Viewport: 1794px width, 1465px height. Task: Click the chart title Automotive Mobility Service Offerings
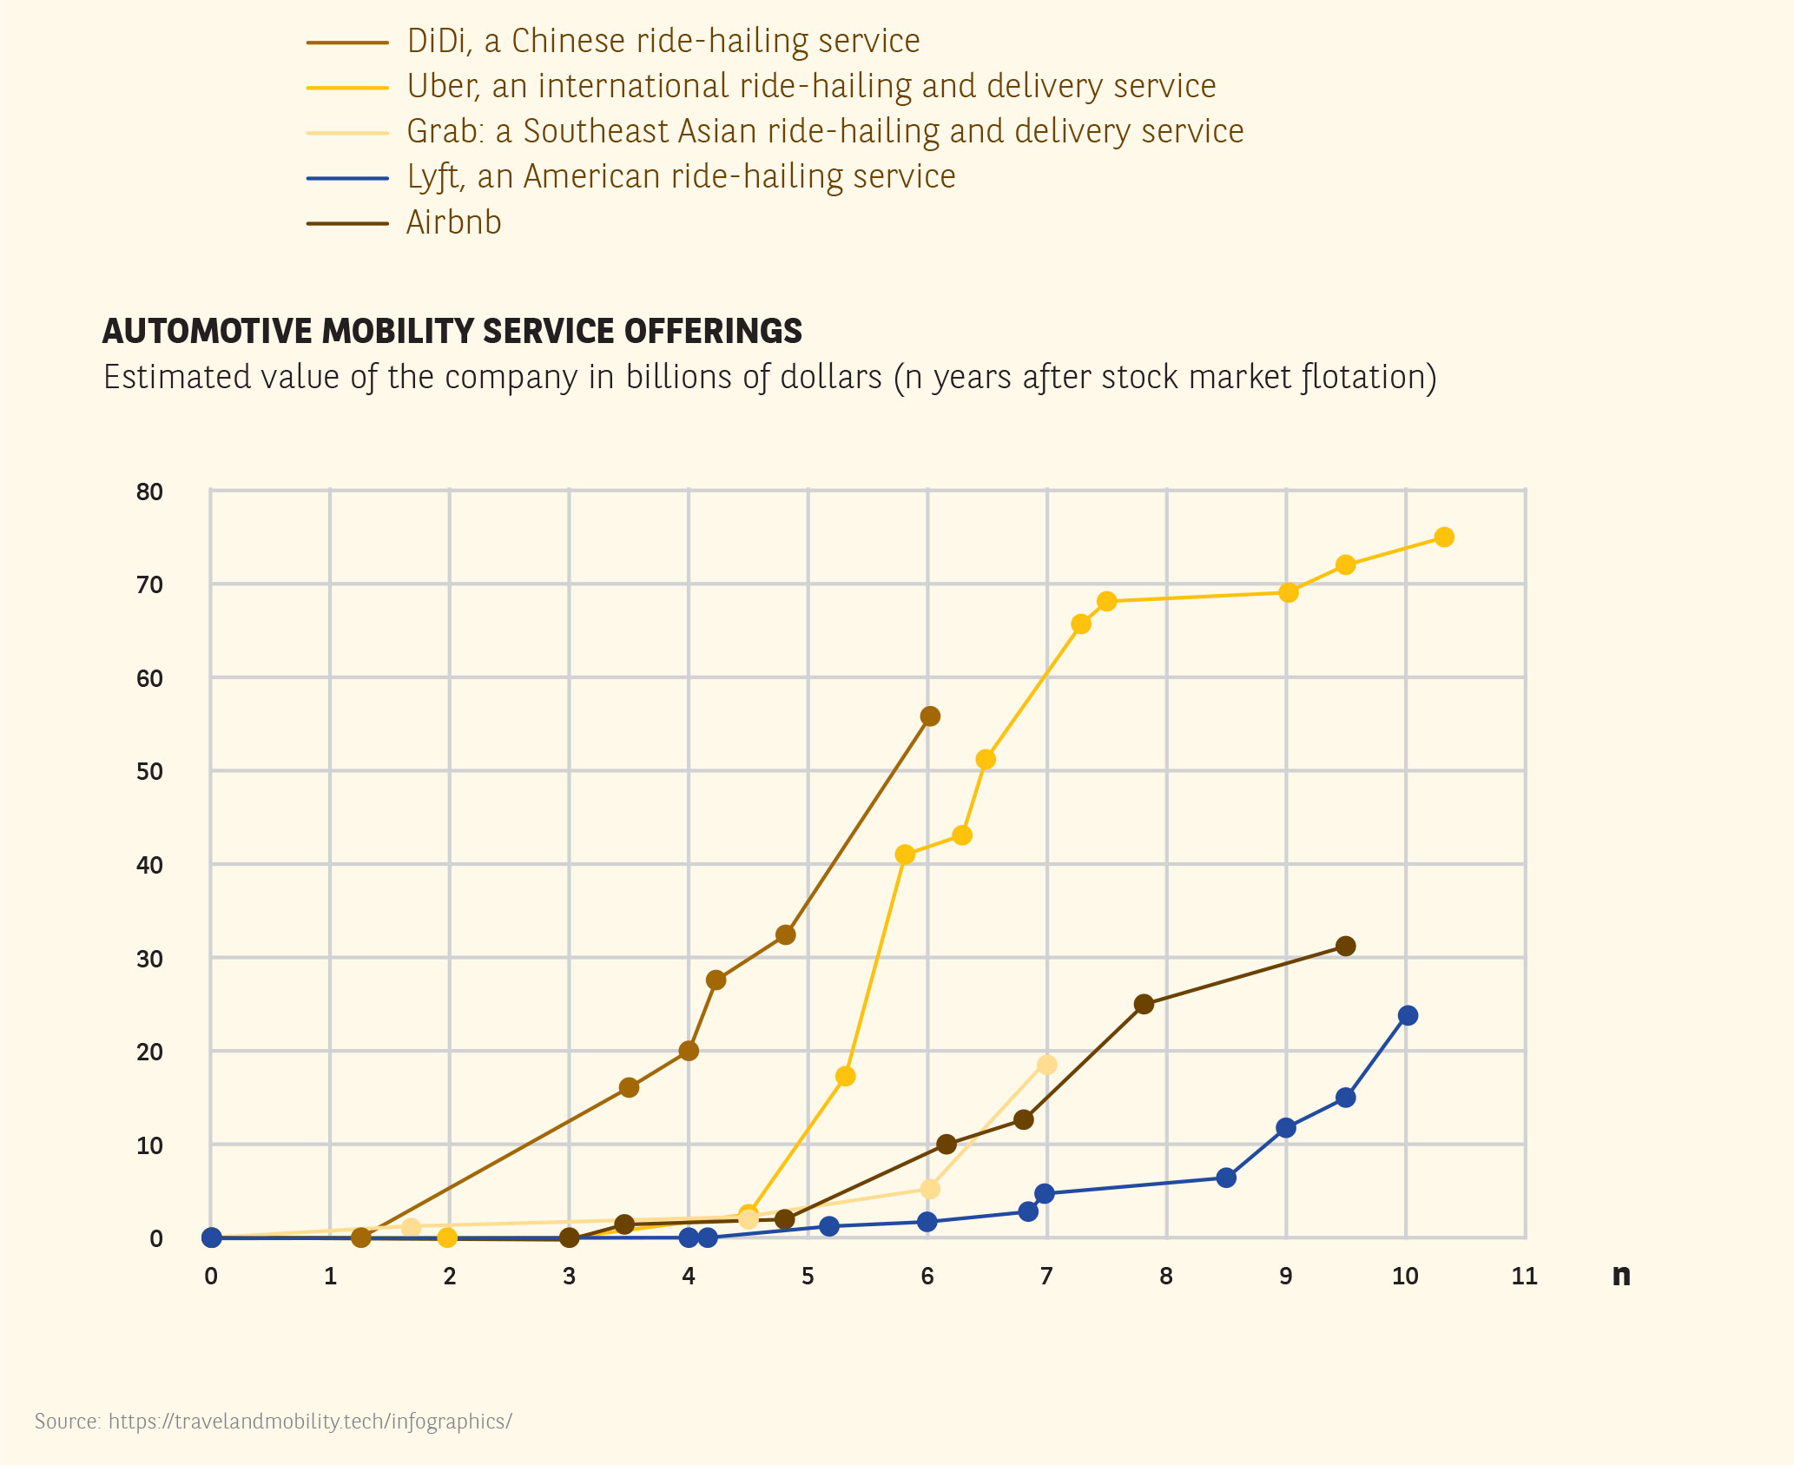(452, 331)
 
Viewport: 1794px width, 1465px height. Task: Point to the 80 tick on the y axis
(149, 492)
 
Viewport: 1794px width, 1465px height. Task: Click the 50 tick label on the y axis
(149, 771)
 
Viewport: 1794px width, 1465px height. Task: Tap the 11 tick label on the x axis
(1524, 1276)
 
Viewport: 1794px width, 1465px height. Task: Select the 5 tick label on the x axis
(808, 1276)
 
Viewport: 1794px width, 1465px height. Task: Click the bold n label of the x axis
(1620, 1275)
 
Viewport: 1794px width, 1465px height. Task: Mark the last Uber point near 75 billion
(1444, 538)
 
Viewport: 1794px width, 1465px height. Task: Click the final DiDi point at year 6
(930, 716)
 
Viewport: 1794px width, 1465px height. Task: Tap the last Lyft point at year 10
(1408, 1015)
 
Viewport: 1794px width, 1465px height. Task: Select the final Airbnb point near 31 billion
(1346, 946)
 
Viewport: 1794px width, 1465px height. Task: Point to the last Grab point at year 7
(1047, 1065)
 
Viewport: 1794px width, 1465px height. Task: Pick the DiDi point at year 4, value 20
(689, 1051)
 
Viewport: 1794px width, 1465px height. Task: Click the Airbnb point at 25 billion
(1144, 1004)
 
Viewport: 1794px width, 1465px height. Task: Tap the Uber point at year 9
(1289, 592)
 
